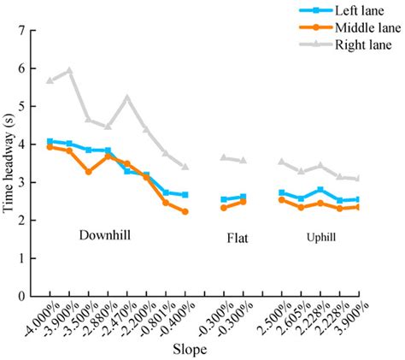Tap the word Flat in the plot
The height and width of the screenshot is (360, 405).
[x=237, y=238]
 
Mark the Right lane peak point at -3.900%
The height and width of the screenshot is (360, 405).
[x=69, y=70]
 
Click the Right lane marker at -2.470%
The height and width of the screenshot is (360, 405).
[x=127, y=97]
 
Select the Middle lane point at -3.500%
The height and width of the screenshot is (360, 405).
[x=89, y=172]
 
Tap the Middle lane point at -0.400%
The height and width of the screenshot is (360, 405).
[x=185, y=211]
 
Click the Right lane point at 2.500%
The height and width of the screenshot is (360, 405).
[x=282, y=161]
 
